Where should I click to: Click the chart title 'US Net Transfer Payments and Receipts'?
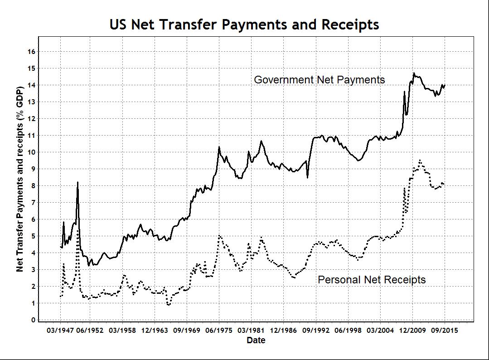(244, 24)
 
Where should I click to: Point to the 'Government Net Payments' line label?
(319, 80)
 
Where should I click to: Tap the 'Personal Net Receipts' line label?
(372, 280)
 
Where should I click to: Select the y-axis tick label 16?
(31, 52)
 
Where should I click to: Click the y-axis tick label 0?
(33, 320)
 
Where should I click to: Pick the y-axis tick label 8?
(33, 186)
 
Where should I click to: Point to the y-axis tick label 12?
(31, 119)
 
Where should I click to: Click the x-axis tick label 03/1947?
(60, 331)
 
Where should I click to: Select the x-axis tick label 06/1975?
(219, 331)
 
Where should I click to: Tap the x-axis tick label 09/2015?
(444, 331)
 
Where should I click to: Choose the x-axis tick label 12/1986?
(283, 331)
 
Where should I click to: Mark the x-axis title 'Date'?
(256, 340)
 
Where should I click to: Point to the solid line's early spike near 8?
(77, 182)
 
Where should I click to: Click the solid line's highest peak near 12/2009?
(413, 73)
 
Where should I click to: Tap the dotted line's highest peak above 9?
(420, 160)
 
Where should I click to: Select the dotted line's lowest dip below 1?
(168, 305)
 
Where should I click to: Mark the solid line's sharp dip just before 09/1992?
(307, 177)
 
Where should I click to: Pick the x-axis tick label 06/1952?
(92, 331)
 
